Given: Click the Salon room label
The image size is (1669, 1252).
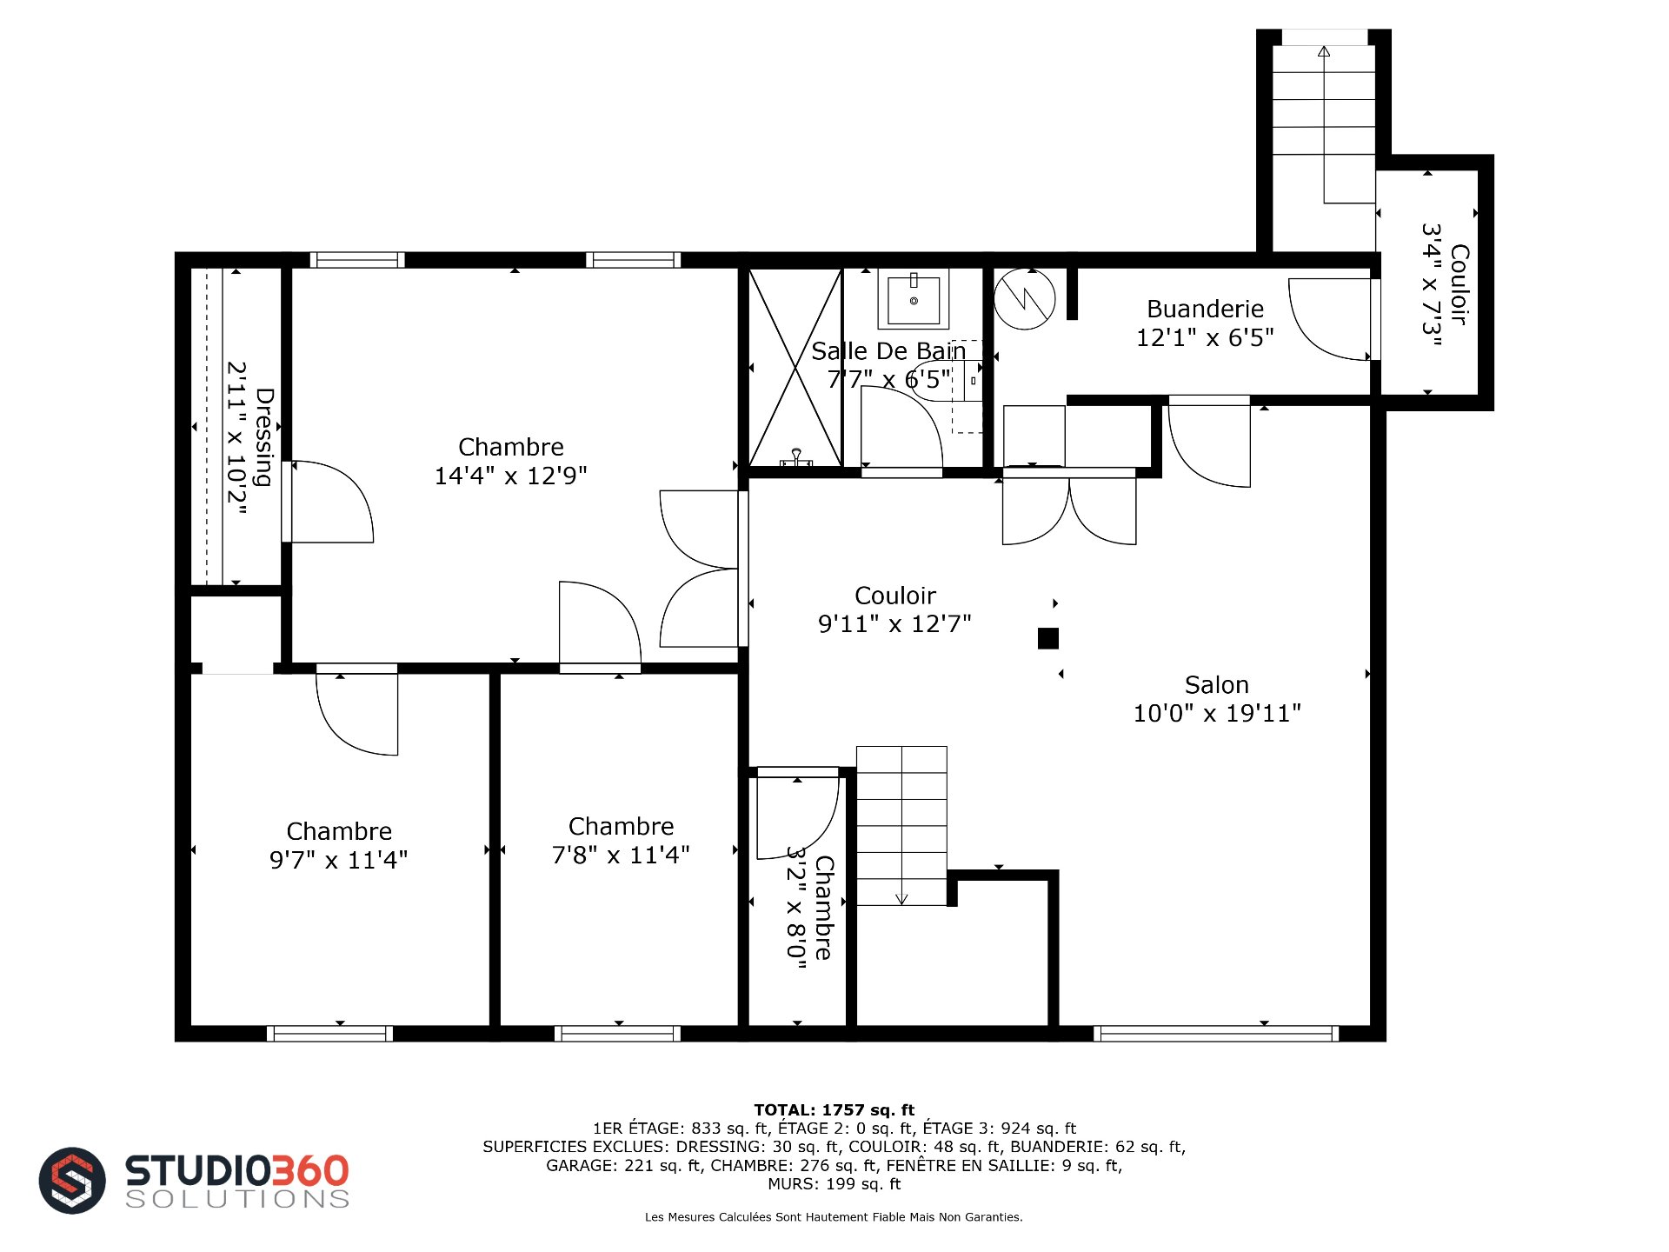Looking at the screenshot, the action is [1216, 685].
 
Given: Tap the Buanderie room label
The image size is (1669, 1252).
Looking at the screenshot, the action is [1205, 309].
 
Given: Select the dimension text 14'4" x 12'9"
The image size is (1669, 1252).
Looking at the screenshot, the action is [510, 476].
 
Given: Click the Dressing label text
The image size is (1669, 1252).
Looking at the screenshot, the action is [264, 437].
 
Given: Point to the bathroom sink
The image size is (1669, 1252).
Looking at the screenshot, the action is [914, 299].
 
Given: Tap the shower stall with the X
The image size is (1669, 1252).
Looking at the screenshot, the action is [795, 368].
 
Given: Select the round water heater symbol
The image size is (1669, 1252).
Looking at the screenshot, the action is [1025, 298].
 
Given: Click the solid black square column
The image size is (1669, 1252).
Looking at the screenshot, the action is [1048, 638].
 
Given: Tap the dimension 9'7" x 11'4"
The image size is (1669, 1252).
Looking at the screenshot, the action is [338, 860].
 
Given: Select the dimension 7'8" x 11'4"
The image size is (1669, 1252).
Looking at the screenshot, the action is [621, 855].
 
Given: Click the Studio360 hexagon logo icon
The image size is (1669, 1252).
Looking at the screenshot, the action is [72, 1180].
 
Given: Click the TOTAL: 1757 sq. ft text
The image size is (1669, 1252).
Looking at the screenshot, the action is [834, 1109].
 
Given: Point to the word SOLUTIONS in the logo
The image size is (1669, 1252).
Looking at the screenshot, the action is [237, 1199].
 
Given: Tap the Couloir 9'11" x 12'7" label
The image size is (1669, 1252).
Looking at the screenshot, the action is [894, 609].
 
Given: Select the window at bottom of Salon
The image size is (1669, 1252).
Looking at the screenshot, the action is [1216, 1034].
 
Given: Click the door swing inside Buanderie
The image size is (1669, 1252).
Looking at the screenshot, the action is [1329, 319].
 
